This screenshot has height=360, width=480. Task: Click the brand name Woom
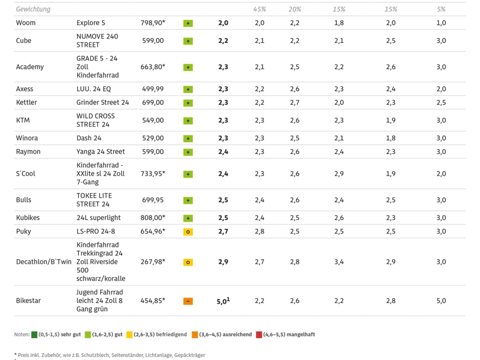click(x=26, y=23)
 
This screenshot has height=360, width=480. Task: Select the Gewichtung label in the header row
click(x=33, y=9)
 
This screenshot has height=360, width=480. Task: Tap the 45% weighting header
click(x=260, y=9)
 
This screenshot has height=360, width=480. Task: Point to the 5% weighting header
click(x=441, y=9)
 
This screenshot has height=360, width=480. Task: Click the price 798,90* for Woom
click(x=153, y=23)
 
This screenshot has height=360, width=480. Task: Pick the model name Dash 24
click(x=89, y=138)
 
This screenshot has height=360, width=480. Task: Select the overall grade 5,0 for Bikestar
click(x=222, y=301)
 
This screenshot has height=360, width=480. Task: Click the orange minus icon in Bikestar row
click(x=188, y=301)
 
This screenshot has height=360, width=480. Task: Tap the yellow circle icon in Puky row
click(x=188, y=232)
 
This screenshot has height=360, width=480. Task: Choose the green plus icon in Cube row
click(x=188, y=41)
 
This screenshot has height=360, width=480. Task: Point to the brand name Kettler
click(x=26, y=102)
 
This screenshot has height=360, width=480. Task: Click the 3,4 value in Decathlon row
click(x=339, y=262)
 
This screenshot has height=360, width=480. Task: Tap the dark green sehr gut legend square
click(x=34, y=335)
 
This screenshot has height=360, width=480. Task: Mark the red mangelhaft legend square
click(x=259, y=335)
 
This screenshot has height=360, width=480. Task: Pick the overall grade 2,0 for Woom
click(x=223, y=23)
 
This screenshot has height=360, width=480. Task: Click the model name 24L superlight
click(x=98, y=218)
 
